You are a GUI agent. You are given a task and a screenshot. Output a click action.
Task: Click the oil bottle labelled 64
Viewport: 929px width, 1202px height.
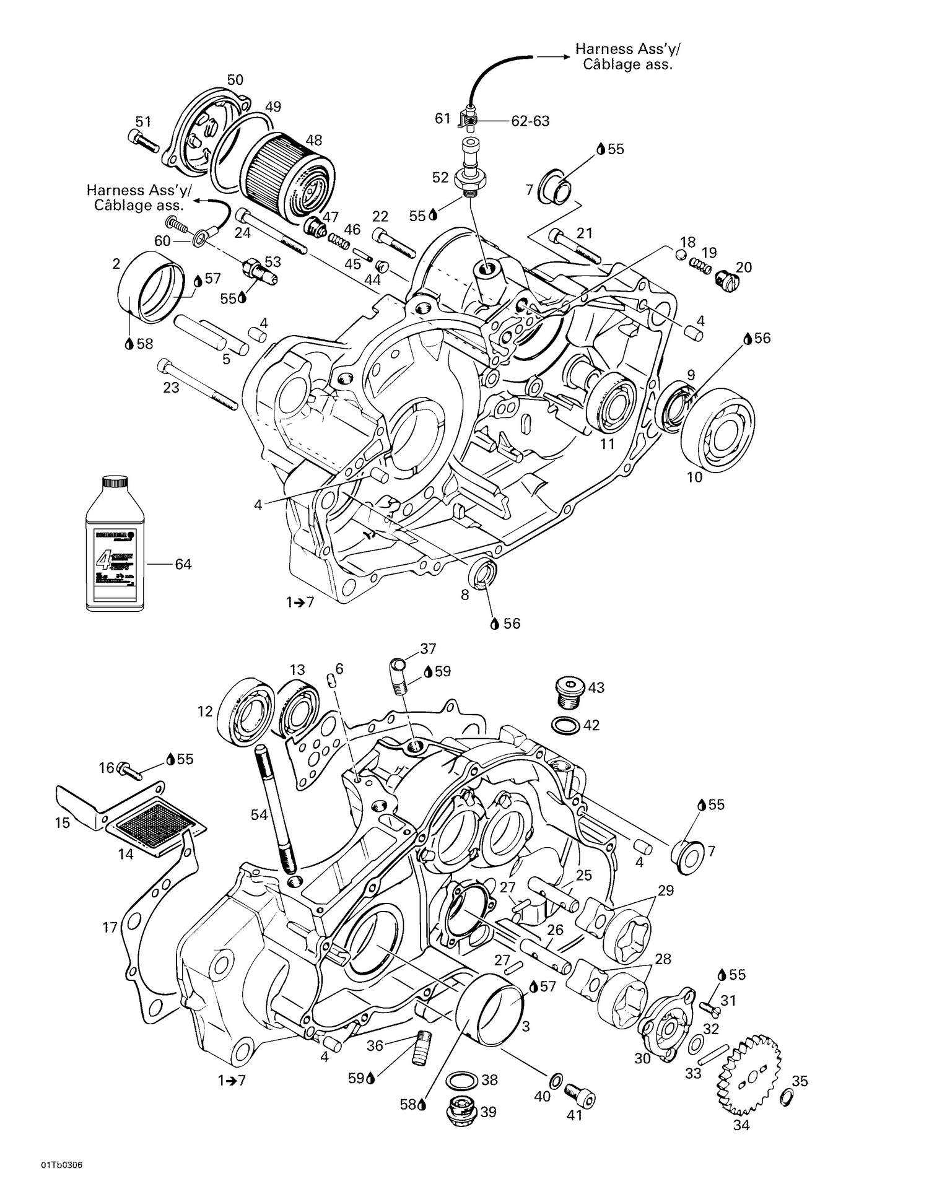(115, 542)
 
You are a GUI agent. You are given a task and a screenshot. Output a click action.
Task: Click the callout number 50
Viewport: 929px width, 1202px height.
(235, 80)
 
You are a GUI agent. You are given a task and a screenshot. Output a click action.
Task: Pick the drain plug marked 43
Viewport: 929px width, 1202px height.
(567, 692)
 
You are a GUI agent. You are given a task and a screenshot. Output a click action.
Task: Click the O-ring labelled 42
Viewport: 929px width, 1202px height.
(564, 725)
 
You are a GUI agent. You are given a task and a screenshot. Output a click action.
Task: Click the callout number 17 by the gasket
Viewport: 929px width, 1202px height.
(110, 928)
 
